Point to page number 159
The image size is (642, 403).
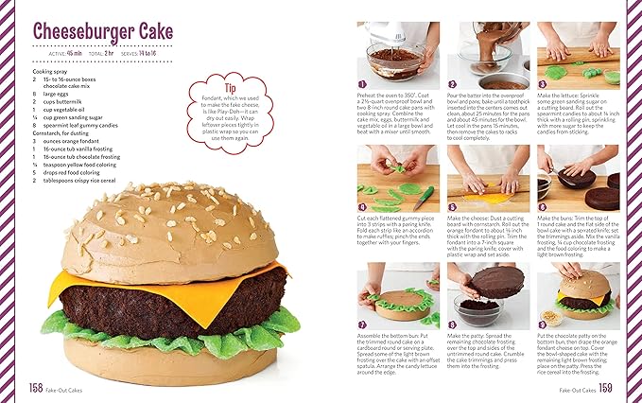click(x=605, y=387)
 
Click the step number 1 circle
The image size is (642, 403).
click(x=363, y=84)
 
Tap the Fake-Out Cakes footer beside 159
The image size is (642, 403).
click(x=576, y=388)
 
